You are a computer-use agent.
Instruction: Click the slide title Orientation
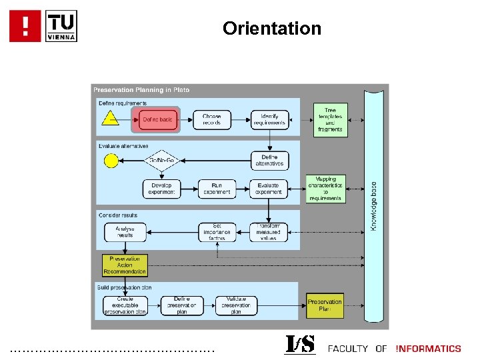coord(272,29)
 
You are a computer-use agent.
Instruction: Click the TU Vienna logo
coord(43,26)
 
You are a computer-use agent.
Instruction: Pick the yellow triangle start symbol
coord(109,120)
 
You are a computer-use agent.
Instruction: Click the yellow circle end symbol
coord(110,160)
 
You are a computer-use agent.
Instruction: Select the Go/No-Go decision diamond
coord(161,160)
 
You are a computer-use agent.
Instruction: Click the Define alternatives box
coord(269,160)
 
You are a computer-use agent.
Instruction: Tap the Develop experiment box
coord(161,189)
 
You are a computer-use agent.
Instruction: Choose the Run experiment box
coord(217,189)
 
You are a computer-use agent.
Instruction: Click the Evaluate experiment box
coord(269,189)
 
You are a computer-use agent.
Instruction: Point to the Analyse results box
coord(125,232)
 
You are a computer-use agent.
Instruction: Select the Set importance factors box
coord(217,232)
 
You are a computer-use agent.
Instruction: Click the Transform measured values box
coord(269,232)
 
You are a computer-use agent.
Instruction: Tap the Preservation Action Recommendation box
coord(125,265)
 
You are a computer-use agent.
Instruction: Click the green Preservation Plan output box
coord(325,305)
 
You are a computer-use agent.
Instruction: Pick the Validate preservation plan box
coord(236,305)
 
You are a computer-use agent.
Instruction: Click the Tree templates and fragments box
coord(330,119)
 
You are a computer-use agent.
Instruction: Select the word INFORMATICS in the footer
coord(428,348)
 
